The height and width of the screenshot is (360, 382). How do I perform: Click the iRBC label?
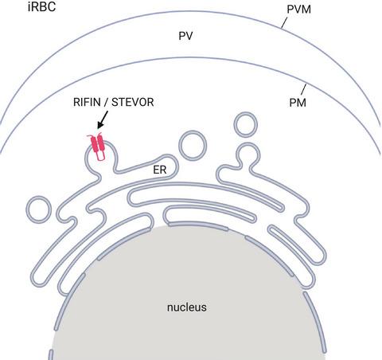click(x=41, y=6)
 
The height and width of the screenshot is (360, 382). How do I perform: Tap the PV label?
click(x=185, y=36)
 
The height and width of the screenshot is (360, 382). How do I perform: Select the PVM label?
click(x=298, y=10)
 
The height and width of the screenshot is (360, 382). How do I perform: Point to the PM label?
click(x=298, y=103)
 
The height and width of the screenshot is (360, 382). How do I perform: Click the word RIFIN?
click(x=87, y=102)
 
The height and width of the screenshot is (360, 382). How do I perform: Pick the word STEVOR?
click(x=133, y=102)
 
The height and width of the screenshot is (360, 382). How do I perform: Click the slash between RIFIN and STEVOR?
click(x=106, y=102)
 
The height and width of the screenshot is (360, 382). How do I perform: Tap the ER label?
click(x=160, y=170)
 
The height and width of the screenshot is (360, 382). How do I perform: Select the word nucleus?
click(x=187, y=307)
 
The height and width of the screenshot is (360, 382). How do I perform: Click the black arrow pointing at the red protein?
click(x=103, y=119)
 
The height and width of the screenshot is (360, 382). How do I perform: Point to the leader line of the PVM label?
click(x=284, y=23)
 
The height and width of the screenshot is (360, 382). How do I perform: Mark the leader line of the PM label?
click(x=304, y=89)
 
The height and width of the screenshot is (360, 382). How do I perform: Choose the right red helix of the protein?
click(x=101, y=142)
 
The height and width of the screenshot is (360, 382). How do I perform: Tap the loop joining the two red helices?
click(x=100, y=155)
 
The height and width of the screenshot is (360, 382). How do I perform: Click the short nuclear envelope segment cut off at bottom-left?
click(x=51, y=355)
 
